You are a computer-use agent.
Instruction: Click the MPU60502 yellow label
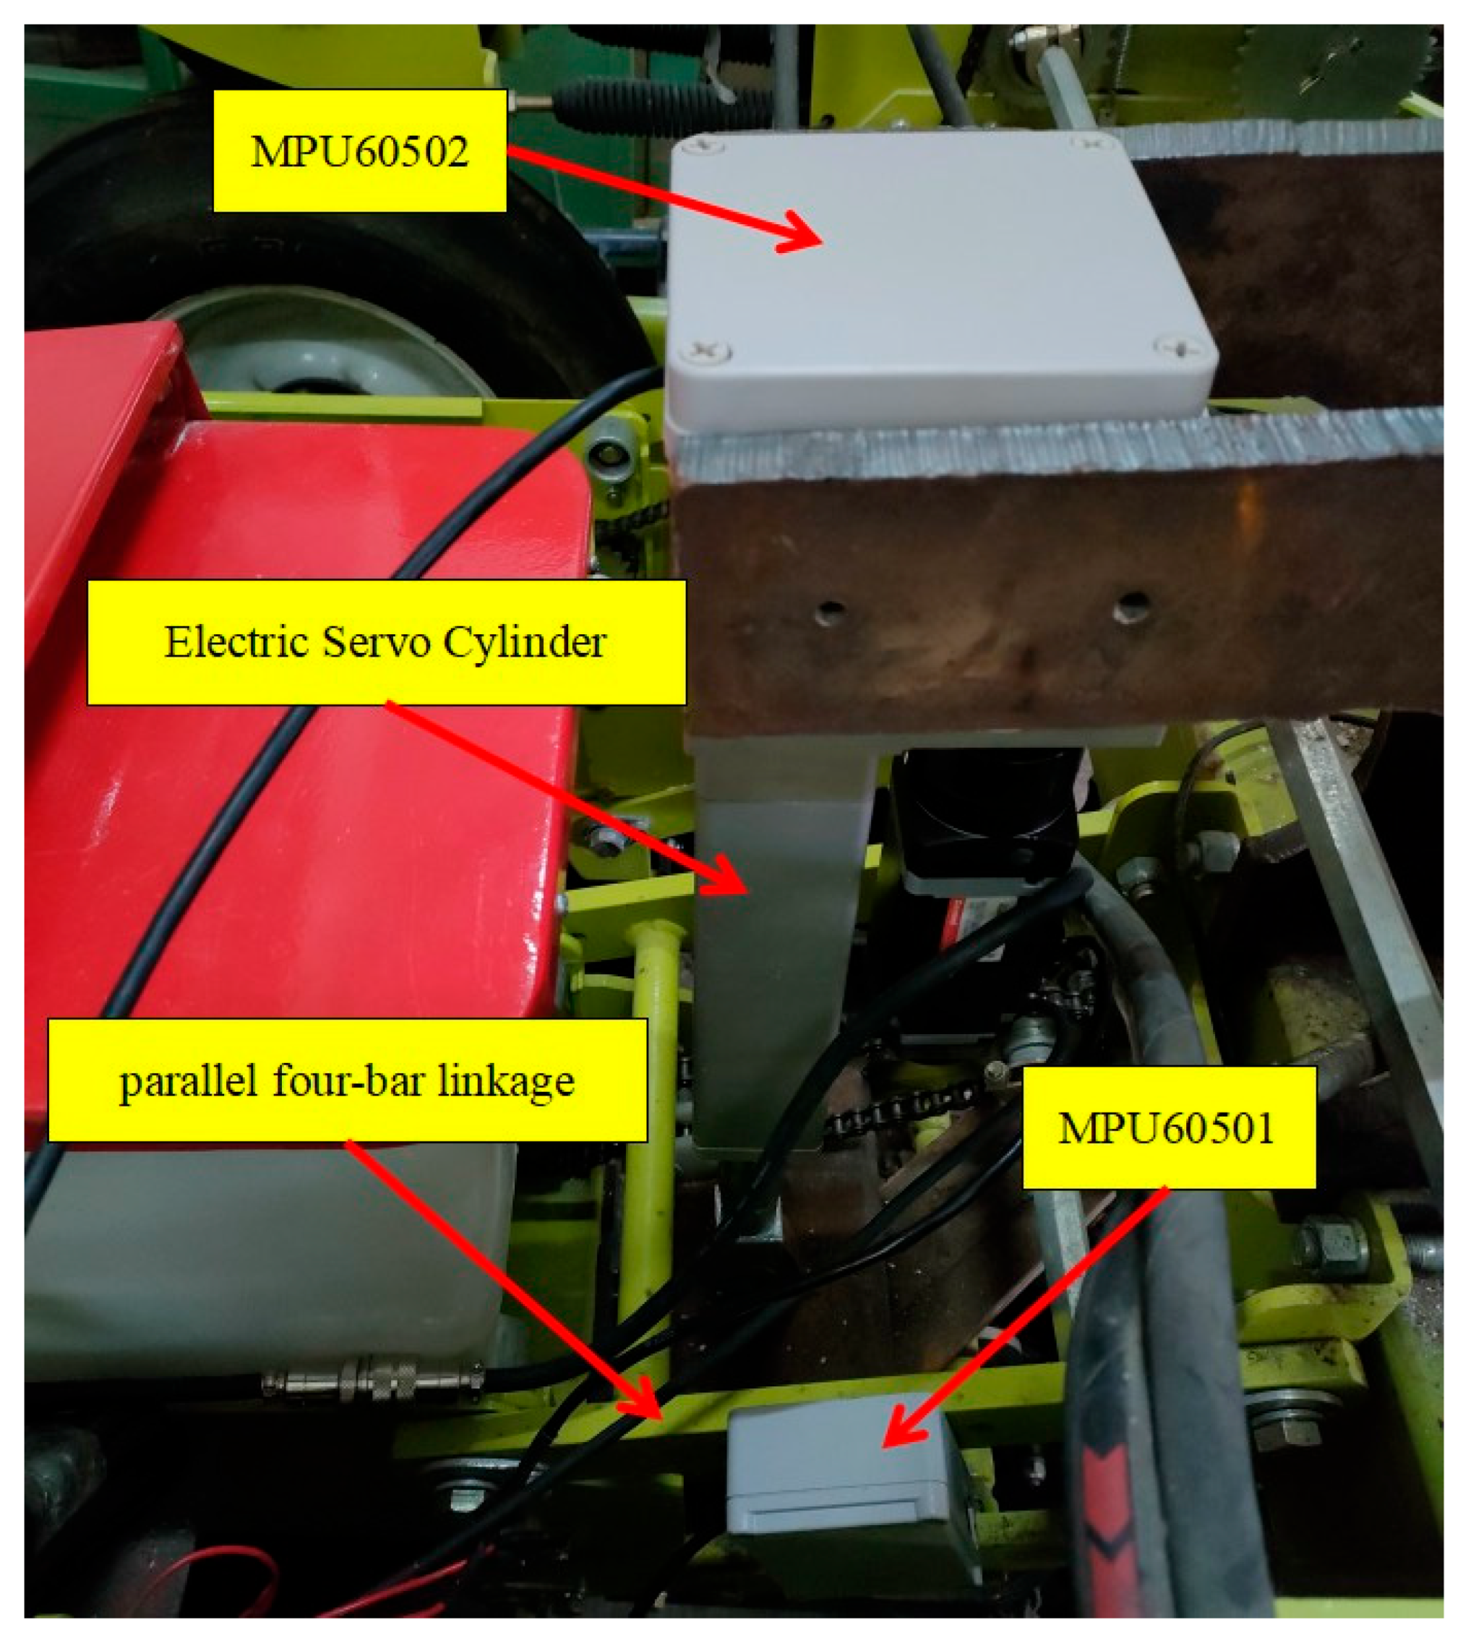pyautogui.click(x=359, y=150)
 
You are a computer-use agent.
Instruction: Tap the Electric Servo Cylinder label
pyautogui.click(x=386, y=642)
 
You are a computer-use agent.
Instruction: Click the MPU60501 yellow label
pyautogui.click(x=1168, y=1127)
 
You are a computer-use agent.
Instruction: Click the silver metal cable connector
pyautogui.click(x=372, y=1380)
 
